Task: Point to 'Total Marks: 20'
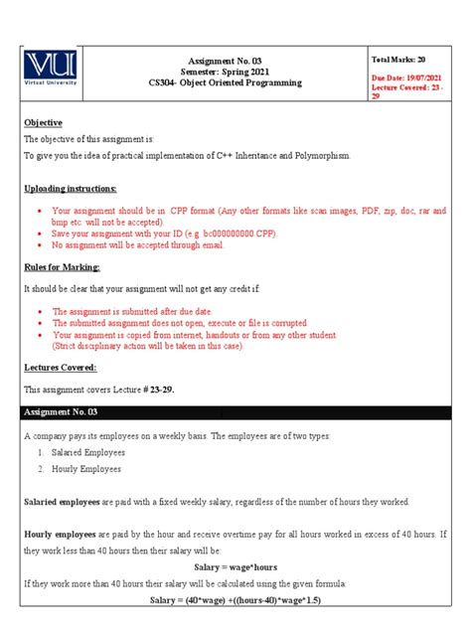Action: (397, 61)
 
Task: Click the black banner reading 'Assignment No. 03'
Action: (235, 411)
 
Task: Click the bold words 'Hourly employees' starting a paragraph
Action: (59, 534)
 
